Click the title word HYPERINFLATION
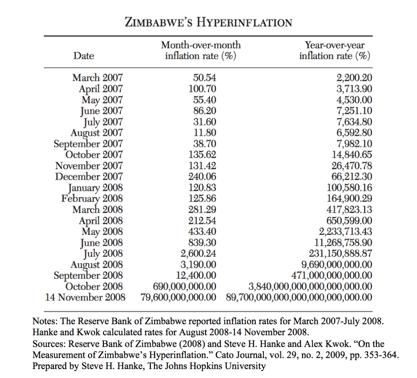tap(244, 23)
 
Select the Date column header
tap(84, 56)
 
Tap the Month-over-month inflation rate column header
tap(201, 50)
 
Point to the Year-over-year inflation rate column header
tap(335, 50)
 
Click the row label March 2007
tap(97, 78)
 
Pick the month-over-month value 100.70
tap(202, 89)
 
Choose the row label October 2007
tap(94, 154)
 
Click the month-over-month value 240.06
tap(202, 176)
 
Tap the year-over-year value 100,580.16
tap(349, 187)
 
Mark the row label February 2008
tap(92, 199)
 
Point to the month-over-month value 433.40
tap(202, 232)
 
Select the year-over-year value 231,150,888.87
tap(341, 253)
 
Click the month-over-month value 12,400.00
tap(196, 275)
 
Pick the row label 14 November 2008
tap(85, 297)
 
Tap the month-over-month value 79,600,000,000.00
tap(179, 297)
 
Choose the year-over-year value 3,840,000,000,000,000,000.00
tap(310, 286)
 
